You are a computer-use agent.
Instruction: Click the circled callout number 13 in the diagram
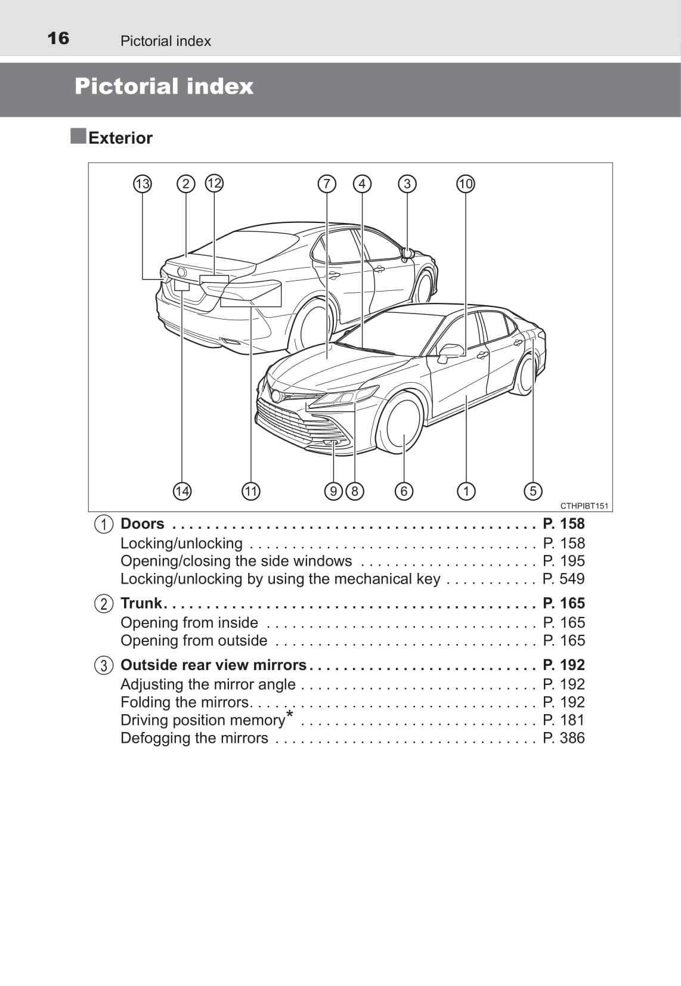coord(142,184)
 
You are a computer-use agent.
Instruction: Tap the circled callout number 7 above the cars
coord(327,184)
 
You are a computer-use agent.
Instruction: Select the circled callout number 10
coord(466,184)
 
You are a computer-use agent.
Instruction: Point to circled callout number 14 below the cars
coord(182,491)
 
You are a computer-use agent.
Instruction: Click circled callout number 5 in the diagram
coord(533,491)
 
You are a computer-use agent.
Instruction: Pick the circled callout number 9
coord(333,491)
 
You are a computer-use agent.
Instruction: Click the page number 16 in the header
coord(58,39)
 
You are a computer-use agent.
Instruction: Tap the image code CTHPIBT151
coord(584,506)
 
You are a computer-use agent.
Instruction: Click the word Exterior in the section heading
coord(120,138)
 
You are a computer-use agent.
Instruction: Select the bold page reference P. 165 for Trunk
coord(564,603)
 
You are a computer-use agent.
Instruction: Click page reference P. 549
coord(564,579)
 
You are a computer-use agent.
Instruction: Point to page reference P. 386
coord(564,738)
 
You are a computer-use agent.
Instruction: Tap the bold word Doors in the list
coord(142,524)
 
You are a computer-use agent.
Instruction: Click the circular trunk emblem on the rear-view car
coord(181,272)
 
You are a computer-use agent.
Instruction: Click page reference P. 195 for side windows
coord(564,561)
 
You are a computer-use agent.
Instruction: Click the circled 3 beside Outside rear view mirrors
coord(104,665)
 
